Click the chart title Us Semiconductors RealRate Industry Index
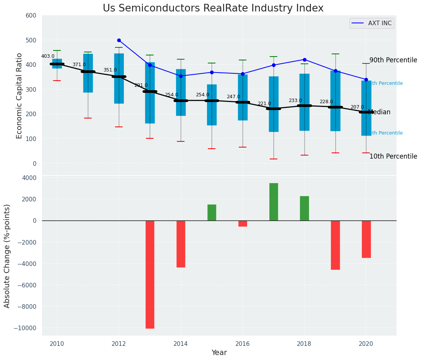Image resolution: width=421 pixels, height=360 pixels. click(x=213, y=8)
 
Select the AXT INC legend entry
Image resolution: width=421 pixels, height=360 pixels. click(x=372, y=23)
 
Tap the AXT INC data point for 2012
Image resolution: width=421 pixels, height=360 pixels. click(x=119, y=40)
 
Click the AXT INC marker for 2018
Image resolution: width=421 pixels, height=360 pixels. click(x=304, y=60)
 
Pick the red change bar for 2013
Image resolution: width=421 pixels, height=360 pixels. click(x=150, y=274)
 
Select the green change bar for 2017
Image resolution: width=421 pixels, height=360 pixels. click(x=274, y=202)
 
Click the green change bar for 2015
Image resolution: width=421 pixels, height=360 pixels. click(x=212, y=212)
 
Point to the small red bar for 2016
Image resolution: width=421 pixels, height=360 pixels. click(x=243, y=224)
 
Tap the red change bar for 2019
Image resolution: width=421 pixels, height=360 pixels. click(x=335, y=245)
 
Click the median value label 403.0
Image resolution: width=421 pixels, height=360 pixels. click(x=48, y=56)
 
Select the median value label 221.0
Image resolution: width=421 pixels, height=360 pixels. click(x=264, y=104)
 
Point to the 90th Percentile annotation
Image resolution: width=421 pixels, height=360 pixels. click(x=393, y=60)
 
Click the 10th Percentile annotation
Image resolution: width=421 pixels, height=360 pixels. click(x=393, y=156)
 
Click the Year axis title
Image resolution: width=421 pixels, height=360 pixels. click(x=219, y=353)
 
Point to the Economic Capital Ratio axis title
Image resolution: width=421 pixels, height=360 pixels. click(x=19, y=96)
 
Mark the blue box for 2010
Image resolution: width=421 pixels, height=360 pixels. click(x=57, y=63)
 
